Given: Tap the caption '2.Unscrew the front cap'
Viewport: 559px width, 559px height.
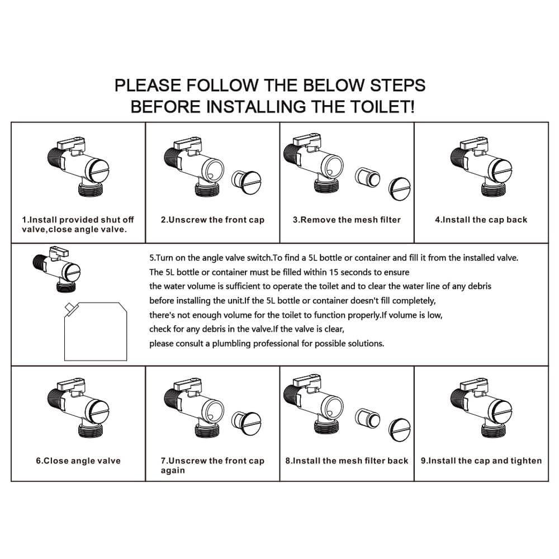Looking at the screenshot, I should tap(212, 220).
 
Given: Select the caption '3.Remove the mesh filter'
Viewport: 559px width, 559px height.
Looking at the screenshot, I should tap(347, 220).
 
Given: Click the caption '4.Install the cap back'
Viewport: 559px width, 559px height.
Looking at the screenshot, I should tap(481, 220).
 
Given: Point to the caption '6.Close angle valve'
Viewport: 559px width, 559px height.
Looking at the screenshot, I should tap(78, 461).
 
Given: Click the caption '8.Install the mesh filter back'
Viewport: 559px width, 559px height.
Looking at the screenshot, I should tap(347, 461).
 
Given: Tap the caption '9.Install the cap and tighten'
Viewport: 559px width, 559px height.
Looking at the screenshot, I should tap(481, 461).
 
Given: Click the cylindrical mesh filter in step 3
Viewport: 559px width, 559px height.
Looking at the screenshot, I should tap(367, 177).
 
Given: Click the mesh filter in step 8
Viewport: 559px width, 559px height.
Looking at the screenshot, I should tap(367, 418).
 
